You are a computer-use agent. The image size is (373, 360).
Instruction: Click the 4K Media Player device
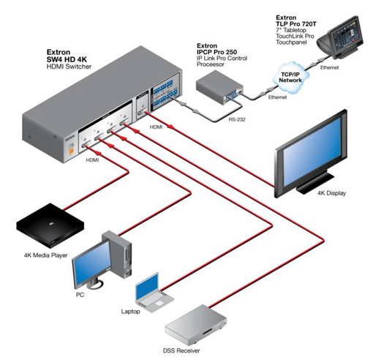click(x=50, y=225)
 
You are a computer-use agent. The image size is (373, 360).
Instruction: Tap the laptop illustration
click(x=154, y=293)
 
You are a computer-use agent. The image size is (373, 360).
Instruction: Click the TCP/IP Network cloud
click(x=290, y=78)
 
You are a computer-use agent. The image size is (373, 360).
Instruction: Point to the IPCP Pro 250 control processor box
click(x=219, y=87)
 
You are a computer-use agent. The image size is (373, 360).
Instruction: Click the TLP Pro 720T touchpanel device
click(x=341, y=37)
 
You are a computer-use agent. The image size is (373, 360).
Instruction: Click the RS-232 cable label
click(x=237, y=119)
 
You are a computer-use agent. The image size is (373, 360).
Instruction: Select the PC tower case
click(x=118, y=254)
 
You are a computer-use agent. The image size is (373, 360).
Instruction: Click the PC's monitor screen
click(x=92, y=263)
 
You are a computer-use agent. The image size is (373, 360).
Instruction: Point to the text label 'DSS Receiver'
click(x=181, y=350)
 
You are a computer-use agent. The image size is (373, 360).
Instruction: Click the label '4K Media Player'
click(x=45, y=255)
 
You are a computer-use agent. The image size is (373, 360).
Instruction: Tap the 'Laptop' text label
click(x=131, y=312)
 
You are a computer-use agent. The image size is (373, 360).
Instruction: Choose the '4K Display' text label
click(x=331, y=193)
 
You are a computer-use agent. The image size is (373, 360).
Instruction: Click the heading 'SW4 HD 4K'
click(x=67, y=59)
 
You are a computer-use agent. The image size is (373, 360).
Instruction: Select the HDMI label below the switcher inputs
click(x=92, y=160)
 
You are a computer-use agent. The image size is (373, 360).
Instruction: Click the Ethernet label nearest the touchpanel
click(x=329, y=67)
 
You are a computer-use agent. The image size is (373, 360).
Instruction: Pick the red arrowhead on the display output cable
click(x=170, y=127)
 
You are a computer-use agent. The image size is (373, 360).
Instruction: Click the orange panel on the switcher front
click(x=71, y=151)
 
